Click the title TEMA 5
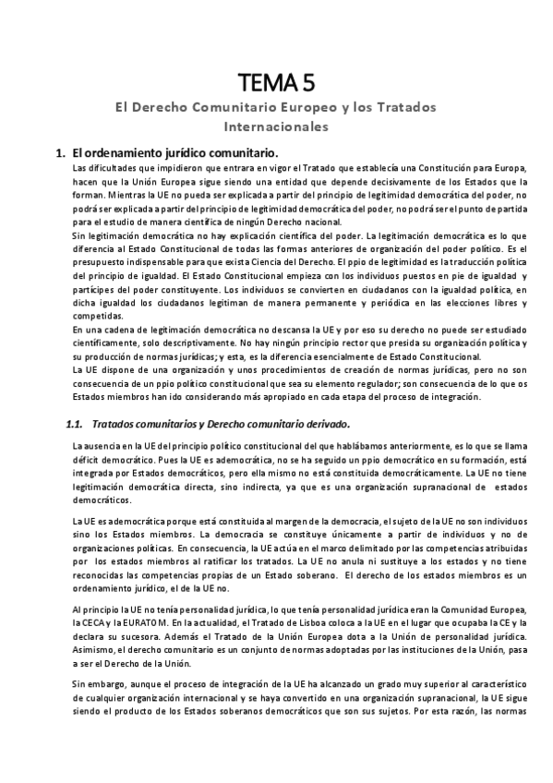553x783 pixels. click(x=276, y=84)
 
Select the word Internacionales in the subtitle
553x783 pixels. click(x=276, y=125)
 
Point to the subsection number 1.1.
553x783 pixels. click(x=76, y=424)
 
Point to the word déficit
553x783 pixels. click(x=90, y=459)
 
